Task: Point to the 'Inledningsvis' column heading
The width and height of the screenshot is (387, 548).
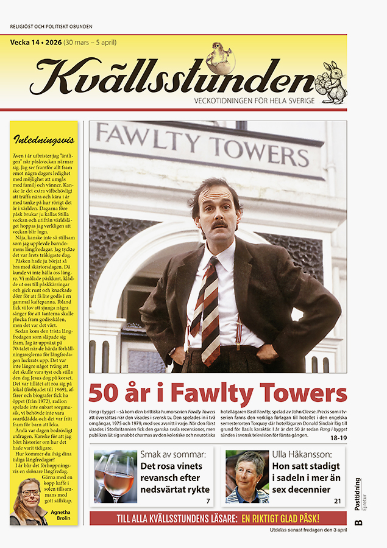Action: (43, 138)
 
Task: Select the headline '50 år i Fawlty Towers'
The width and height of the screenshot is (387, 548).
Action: (218, 393)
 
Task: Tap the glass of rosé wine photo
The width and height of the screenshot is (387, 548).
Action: (115, 476)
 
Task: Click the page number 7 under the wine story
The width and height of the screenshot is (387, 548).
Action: (208, 501)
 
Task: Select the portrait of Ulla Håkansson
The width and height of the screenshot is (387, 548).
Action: (247, 476)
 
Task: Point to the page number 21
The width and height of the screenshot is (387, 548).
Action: (337, 501)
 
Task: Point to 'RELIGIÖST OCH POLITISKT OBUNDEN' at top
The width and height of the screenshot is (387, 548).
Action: (51, 27)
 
